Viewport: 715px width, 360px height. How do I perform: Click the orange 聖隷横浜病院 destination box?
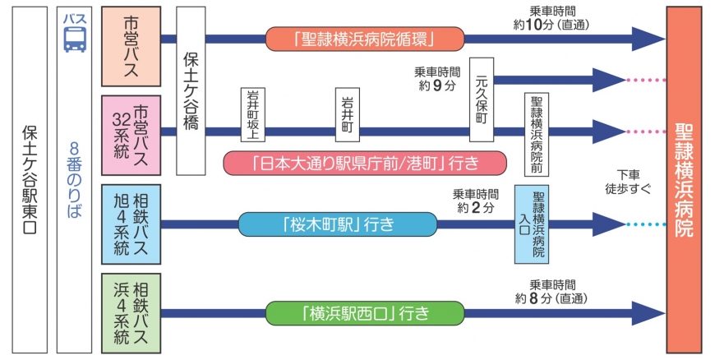pos(683,179)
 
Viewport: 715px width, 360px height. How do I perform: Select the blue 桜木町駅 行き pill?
pos(337,224)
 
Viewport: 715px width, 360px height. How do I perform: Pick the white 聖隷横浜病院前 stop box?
pos(537,134)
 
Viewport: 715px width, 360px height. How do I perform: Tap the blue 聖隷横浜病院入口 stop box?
pos(532,224)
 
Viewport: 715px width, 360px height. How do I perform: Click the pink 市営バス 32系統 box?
pos(131,135)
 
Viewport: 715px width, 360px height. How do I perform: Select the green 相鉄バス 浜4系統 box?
pos(131,312)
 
